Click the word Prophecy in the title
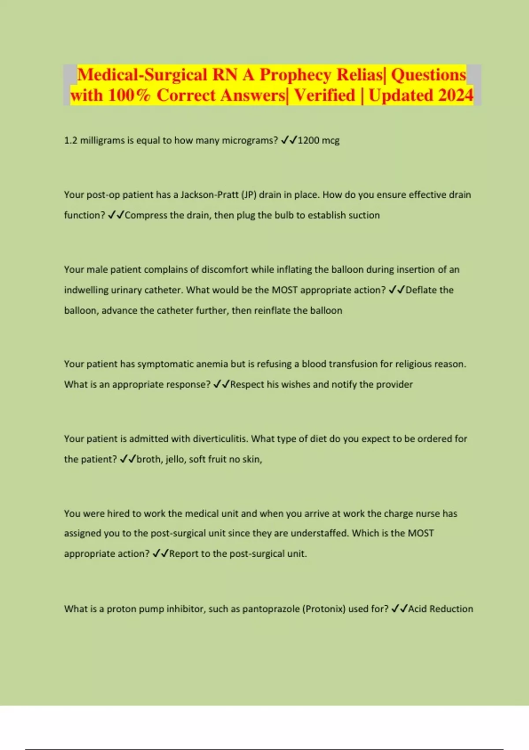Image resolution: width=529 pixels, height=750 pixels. [x=295, y=75]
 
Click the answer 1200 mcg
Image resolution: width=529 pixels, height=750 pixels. [x=318, y=140]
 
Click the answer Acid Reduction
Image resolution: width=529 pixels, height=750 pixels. [x=440, y=609]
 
